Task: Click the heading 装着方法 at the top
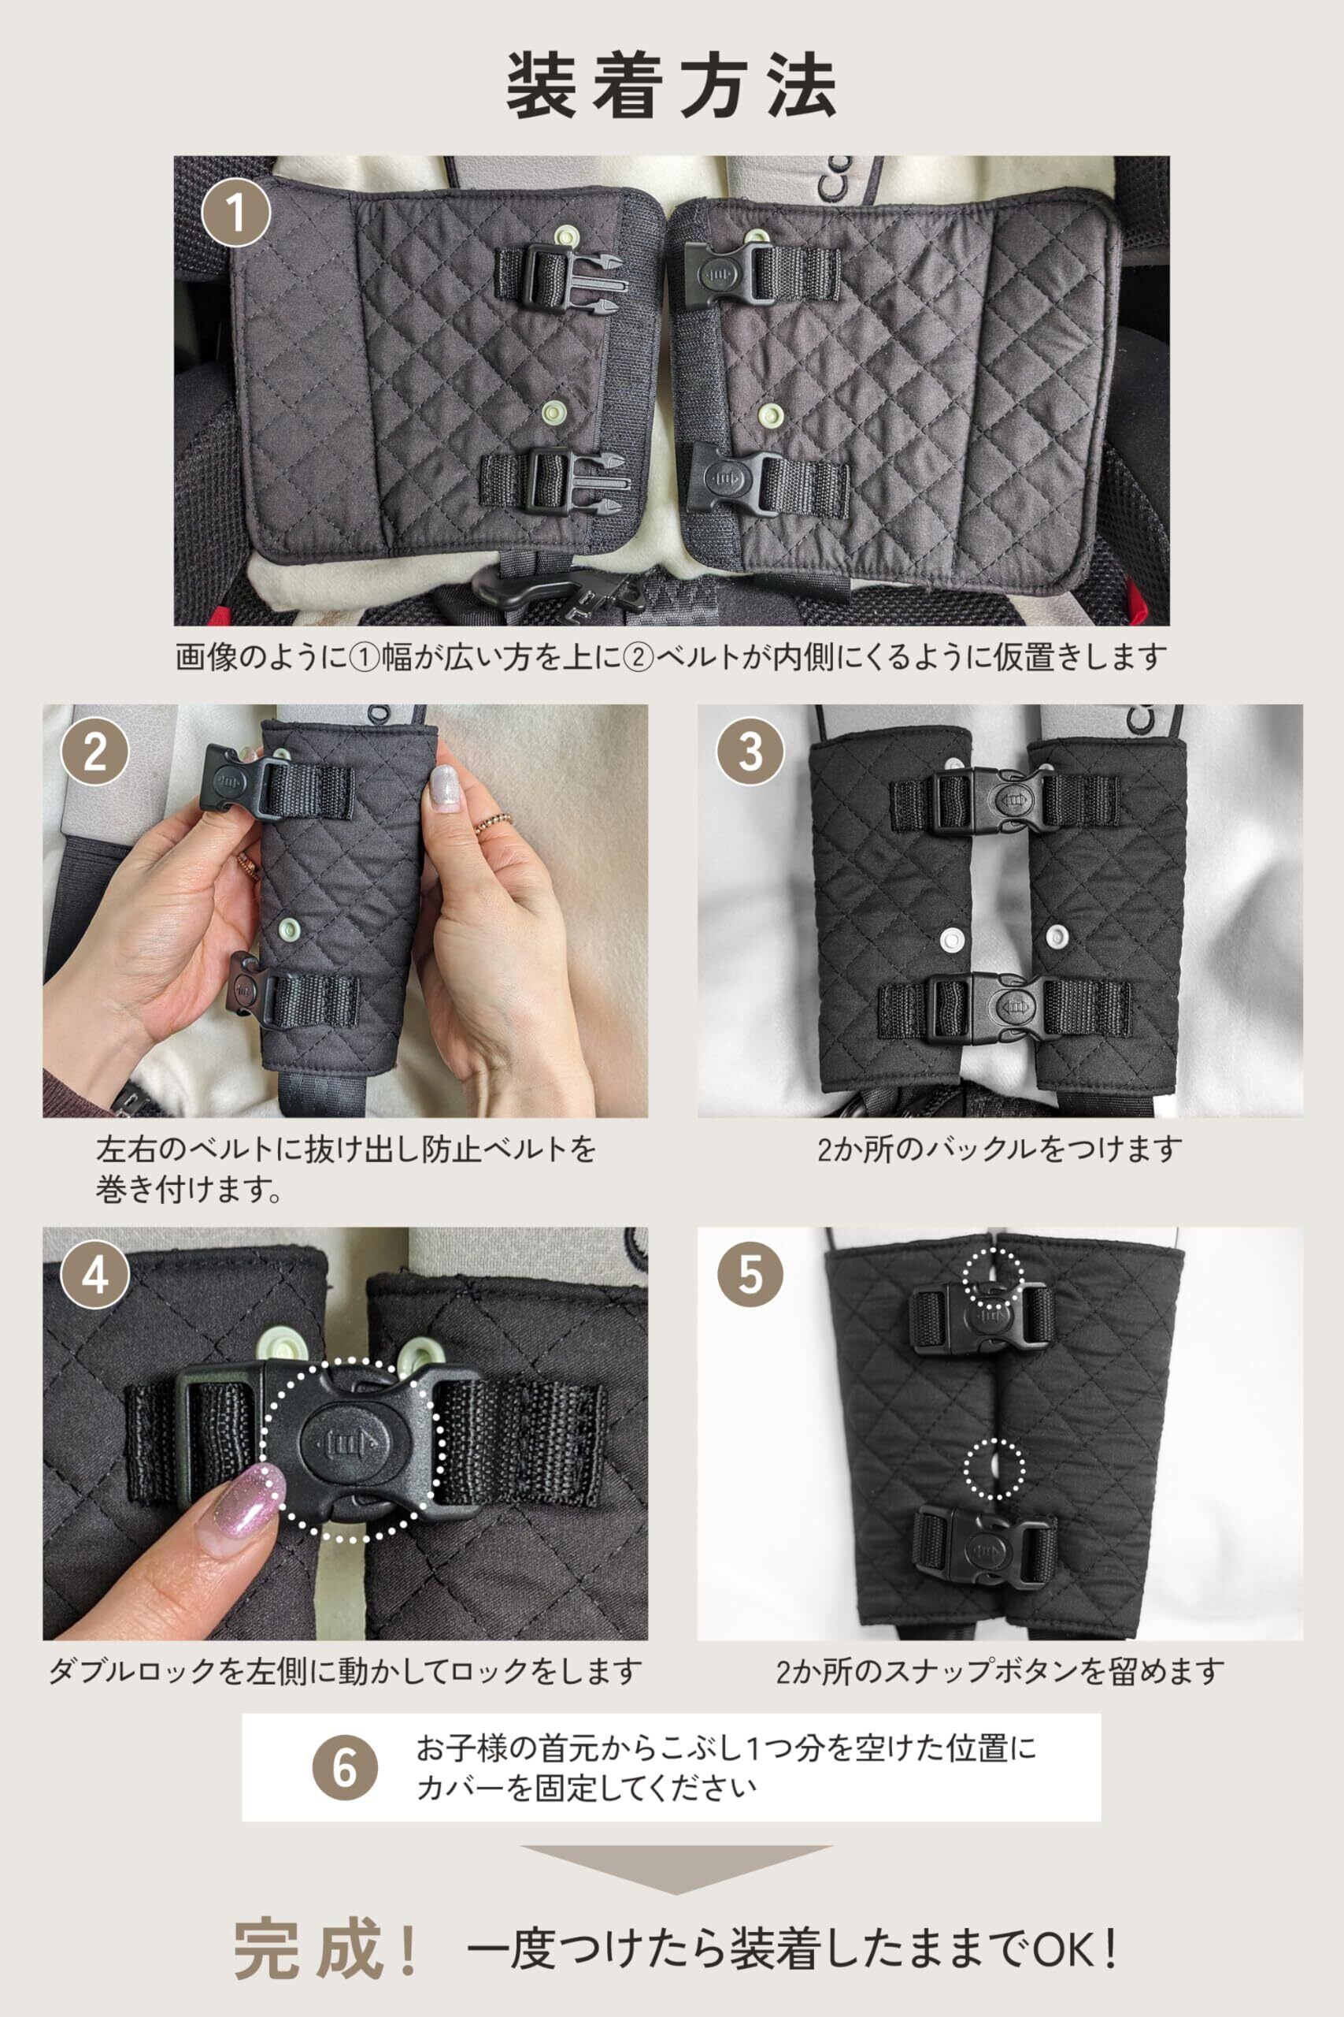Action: pyautogui.click(x=671, y=86)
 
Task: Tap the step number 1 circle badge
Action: pyautogui.click(x=235, y=213)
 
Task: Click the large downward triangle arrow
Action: pyautogui.click(x=676, y=1870)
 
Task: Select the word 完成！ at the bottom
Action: pyautogui.click(x=325, y=1949)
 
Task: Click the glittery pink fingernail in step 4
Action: pyautogui.click(x=242, y=1509)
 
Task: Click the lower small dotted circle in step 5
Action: pyautogui.click(x=994, y=1468)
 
